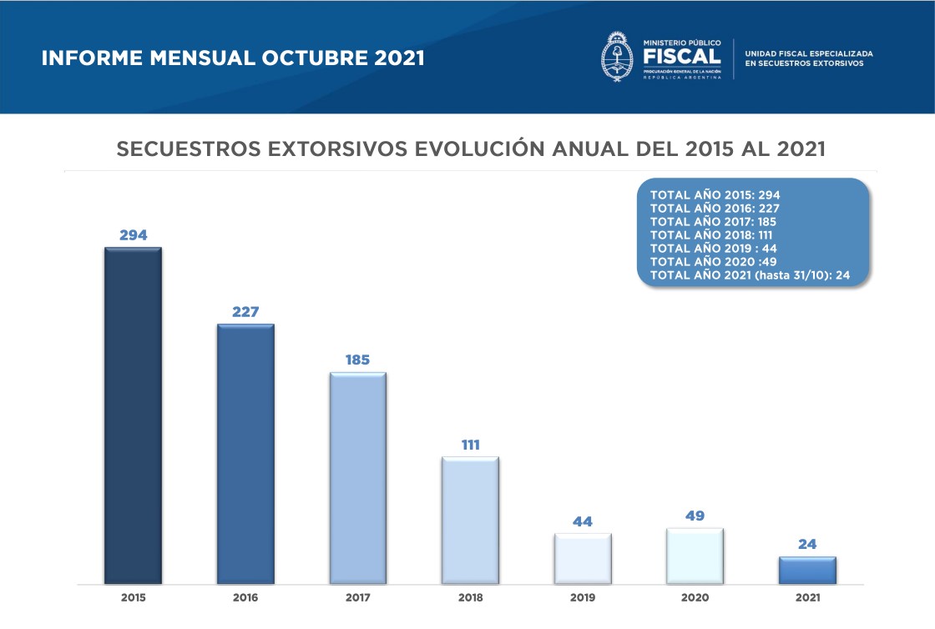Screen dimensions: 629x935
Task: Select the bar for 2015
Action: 133,415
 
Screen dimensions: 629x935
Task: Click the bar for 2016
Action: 245,454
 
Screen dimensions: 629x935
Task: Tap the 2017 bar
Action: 358,478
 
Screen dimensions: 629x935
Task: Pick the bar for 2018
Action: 470,521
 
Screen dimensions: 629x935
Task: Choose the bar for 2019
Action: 583,559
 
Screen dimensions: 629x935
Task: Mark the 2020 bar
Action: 695,556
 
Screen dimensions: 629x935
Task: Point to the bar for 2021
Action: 807,571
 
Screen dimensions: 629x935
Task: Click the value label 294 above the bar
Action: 133,235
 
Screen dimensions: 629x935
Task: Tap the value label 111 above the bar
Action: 470,445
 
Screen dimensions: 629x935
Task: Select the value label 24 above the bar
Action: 807,545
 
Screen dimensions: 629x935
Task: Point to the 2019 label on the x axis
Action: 583,598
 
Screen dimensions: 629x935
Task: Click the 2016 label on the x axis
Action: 245,598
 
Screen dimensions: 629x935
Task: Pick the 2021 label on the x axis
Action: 807,598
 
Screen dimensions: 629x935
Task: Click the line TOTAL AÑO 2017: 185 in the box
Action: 715,221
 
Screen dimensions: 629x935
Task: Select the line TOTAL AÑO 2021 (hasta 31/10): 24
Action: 750,274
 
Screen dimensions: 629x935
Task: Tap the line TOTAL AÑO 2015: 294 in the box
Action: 715,194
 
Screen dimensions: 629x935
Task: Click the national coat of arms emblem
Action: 618,56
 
